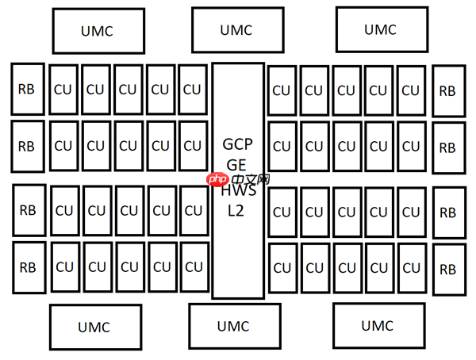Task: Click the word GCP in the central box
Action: [237, 144]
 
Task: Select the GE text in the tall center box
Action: [237, 165]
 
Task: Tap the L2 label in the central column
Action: [237, 211]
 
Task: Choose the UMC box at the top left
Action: [98, 31]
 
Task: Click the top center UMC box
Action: [237, 30]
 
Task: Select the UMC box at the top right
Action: [379, 29]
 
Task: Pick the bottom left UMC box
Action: [95, 327]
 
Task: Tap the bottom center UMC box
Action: [233, 326]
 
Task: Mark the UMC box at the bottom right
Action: [377, 326]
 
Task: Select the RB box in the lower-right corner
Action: [448, 269]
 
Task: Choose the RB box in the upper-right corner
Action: [448, 90]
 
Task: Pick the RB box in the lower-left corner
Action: [28, 267]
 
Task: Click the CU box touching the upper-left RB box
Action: [63, 89]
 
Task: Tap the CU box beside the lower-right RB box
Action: [411, 268]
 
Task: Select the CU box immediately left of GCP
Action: [193, 146]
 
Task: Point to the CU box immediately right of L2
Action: [282, 212]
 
